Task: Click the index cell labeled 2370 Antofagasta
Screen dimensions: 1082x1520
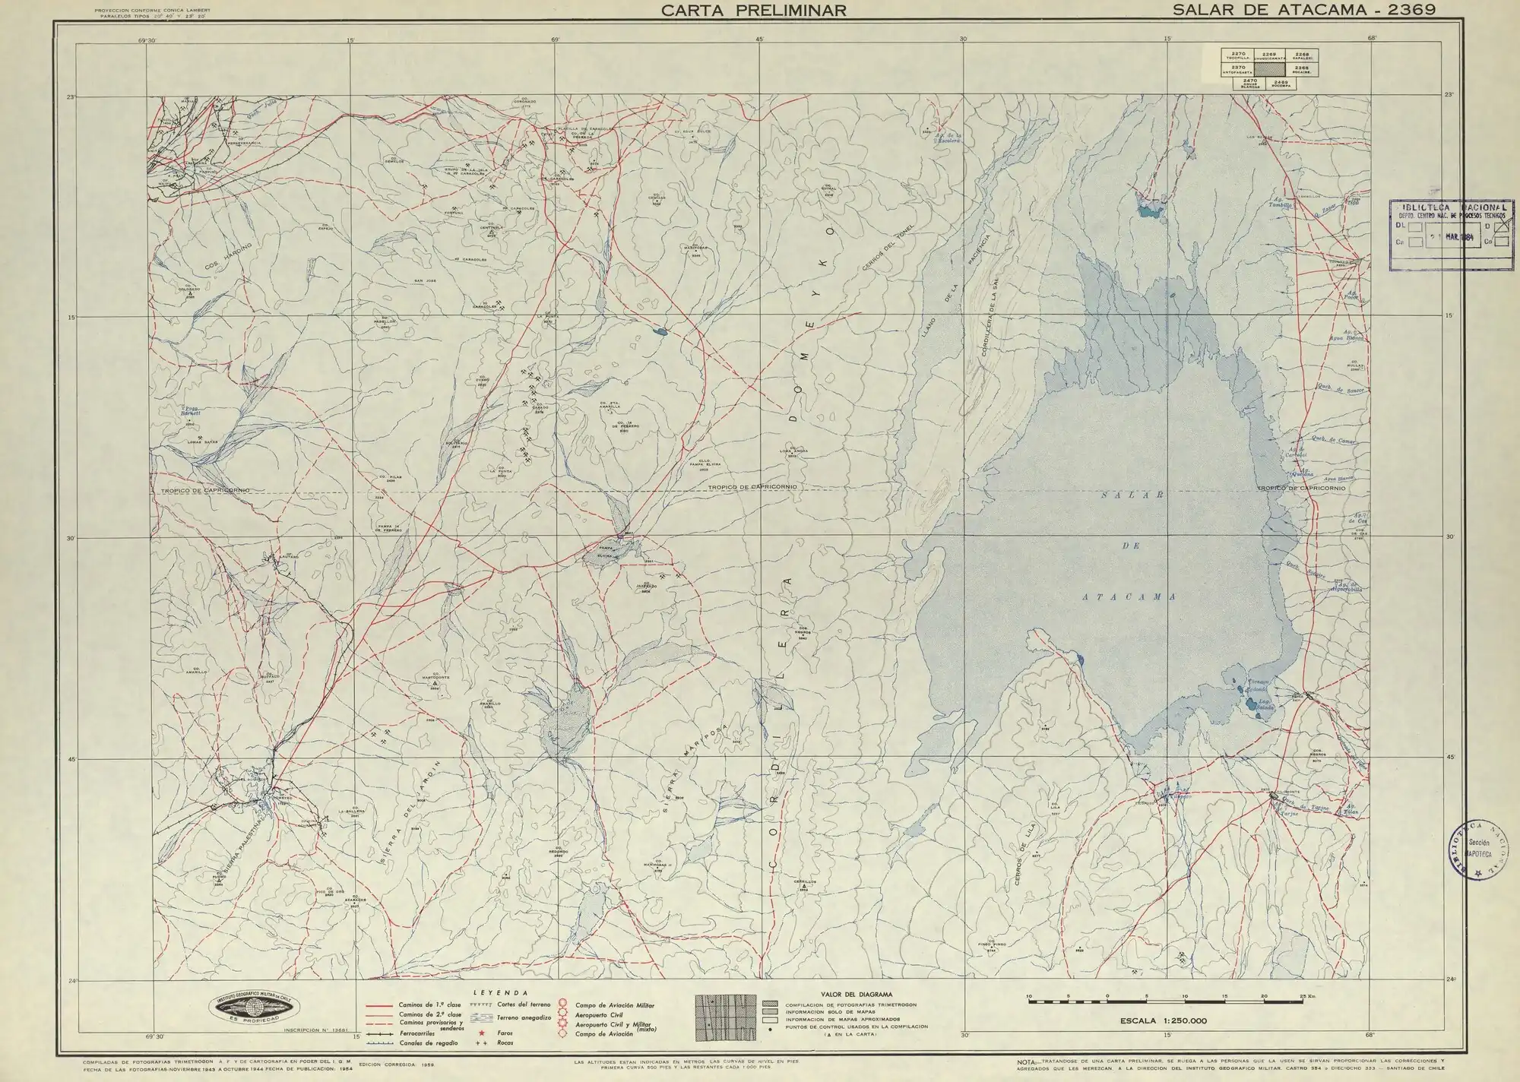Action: pos(1238,69)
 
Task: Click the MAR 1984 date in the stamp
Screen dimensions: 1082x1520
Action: pos(1459,237)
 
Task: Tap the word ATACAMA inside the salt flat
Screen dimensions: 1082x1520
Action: pos(1129,597)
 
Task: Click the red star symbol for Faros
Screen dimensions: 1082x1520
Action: pos(481,1033)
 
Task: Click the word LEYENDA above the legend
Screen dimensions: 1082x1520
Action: pos(500,992)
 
